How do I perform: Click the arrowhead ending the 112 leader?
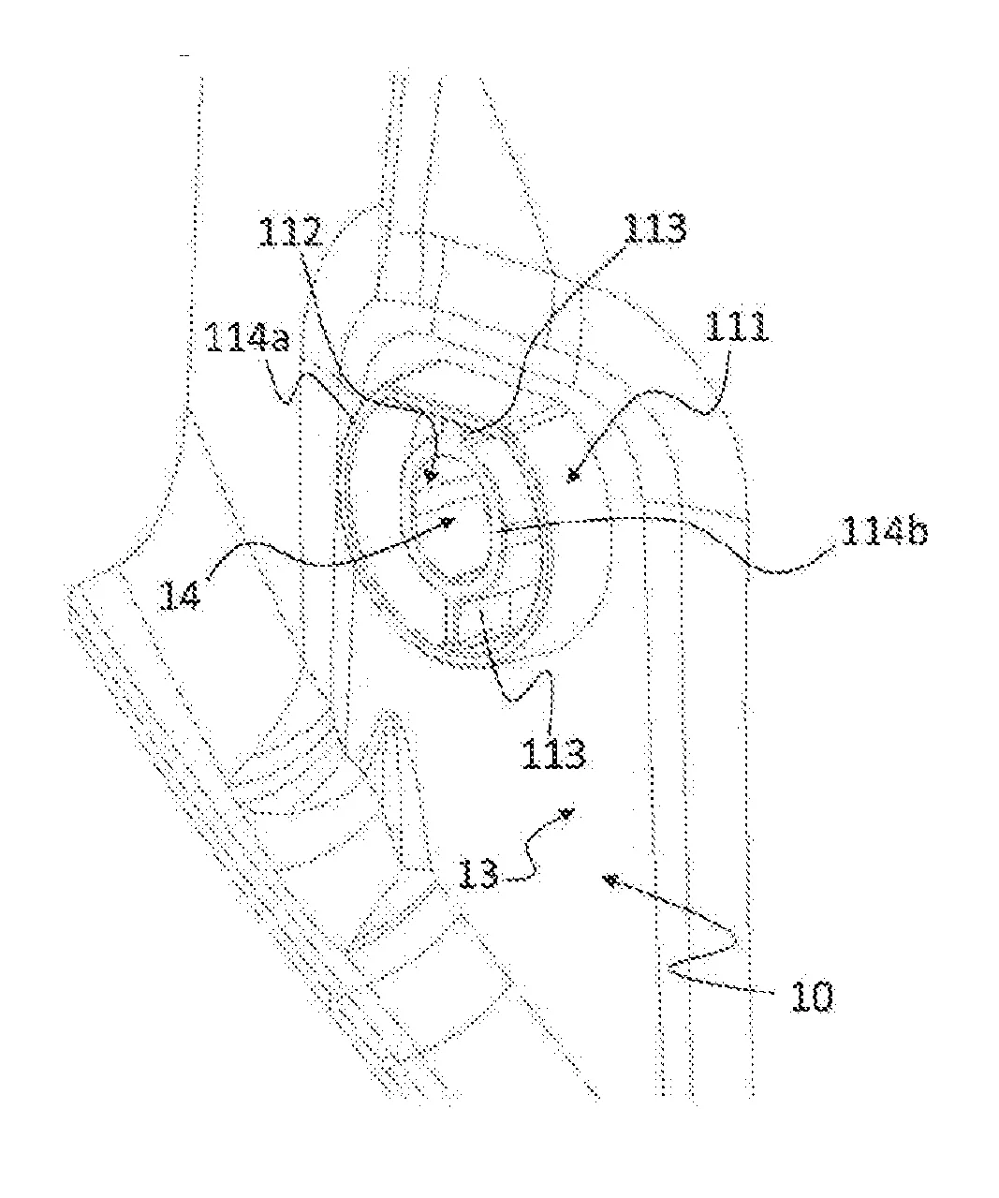click(430, 476)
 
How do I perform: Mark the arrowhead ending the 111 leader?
click(574, 477)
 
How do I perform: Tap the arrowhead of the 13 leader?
click(566, 813)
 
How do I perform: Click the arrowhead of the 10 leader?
click(611, 880)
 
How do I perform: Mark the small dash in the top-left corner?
click(184, 59)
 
